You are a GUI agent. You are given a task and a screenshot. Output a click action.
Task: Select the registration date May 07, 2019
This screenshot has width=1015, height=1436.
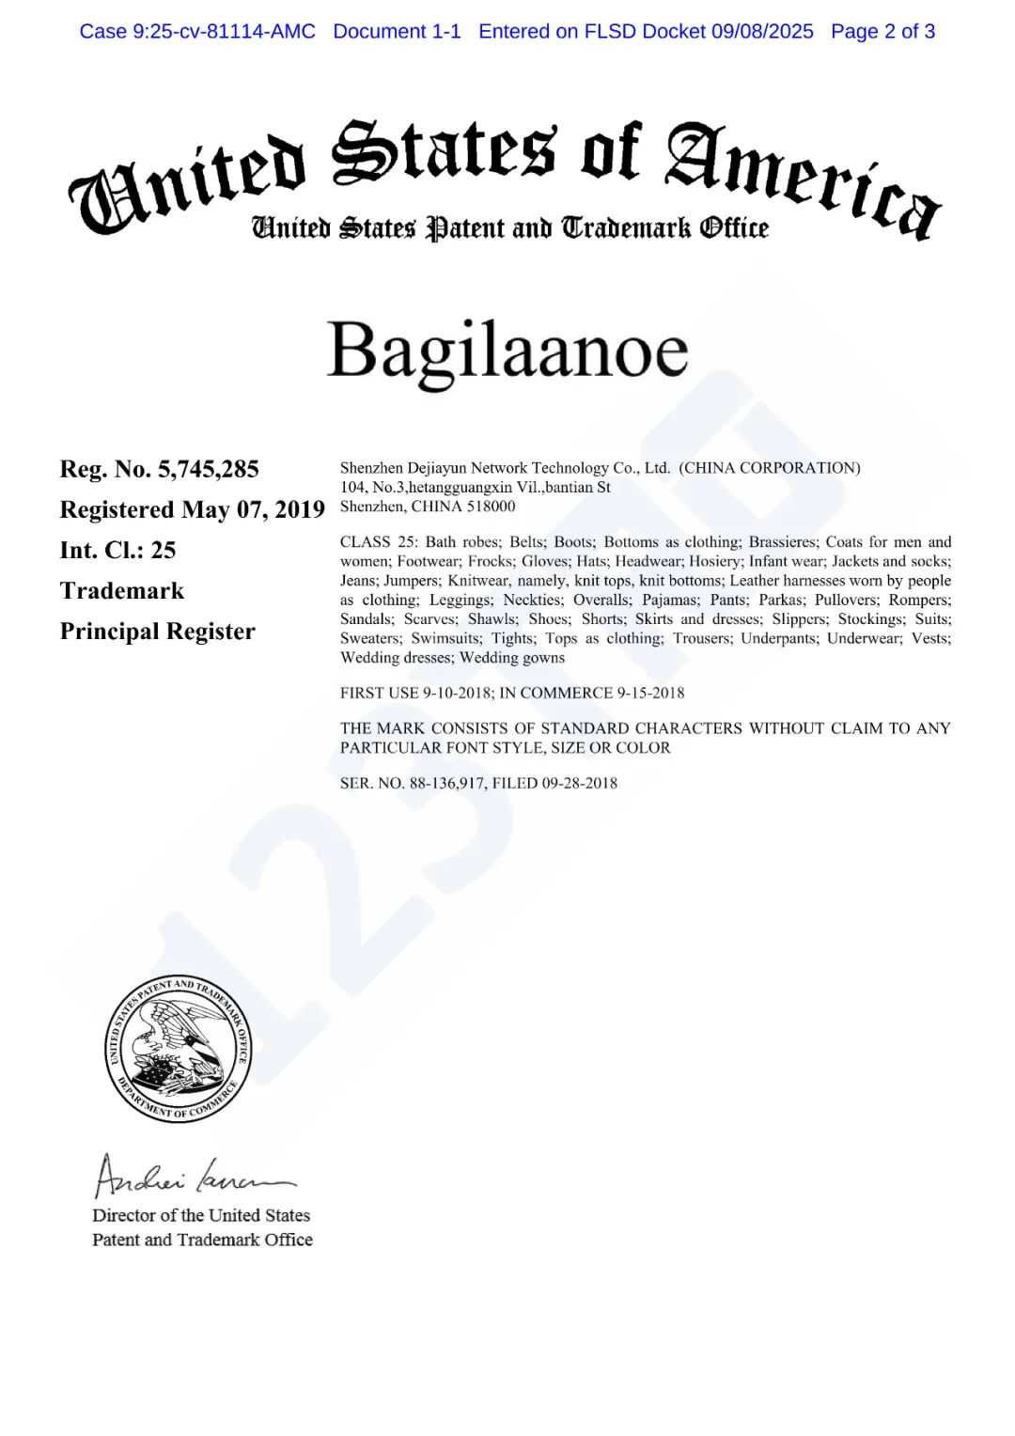point(253,509)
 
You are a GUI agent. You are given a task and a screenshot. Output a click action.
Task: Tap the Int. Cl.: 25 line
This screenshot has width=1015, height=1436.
point(117,550)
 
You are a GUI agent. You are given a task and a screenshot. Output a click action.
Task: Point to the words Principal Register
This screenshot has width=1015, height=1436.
point(157,631)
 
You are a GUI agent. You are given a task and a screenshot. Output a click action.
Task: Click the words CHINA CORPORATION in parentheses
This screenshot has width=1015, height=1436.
point(769,468)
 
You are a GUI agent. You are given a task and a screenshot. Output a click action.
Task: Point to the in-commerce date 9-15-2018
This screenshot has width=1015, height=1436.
point(650,694)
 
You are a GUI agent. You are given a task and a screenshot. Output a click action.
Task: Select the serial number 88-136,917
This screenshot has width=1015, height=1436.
point(447,784)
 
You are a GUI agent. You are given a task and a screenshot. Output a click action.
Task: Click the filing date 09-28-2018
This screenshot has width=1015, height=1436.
point(579,784)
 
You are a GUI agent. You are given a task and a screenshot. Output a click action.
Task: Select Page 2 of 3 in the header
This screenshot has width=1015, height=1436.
point(882,32)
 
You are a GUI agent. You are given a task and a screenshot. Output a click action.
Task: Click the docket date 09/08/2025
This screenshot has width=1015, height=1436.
point(762,32)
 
